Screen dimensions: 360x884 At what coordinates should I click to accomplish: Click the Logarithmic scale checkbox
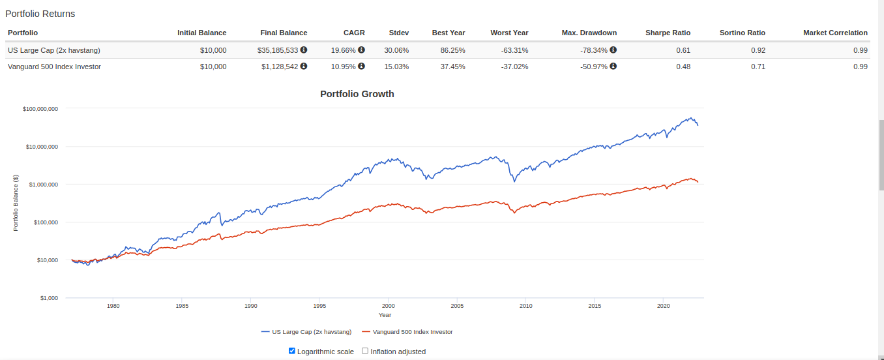click(292, 351)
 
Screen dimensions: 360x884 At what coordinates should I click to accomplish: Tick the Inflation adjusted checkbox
click(365, 351)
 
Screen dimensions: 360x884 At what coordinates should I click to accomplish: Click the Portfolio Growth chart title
click(357, 94)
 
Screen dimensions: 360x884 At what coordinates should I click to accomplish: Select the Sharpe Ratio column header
click(668, 33)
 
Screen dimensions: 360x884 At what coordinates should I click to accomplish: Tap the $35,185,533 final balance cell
click(280, 50)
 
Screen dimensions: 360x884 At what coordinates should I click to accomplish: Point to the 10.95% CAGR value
click(344, 67)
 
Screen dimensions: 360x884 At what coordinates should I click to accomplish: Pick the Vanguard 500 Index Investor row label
click(54, 67)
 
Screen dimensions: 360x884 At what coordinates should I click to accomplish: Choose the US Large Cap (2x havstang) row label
click(54, 50)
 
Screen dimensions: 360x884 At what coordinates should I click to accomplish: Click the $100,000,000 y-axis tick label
click(40, 109)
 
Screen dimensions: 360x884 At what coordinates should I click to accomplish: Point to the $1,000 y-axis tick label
click(49, 298)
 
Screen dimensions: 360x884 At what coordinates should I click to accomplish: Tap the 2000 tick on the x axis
click(389, 305)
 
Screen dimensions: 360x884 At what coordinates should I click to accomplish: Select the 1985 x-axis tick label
click(182, 305)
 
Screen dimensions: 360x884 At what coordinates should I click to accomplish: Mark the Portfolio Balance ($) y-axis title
click(16, 203)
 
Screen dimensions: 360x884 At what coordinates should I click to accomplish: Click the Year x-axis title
click(385, 315)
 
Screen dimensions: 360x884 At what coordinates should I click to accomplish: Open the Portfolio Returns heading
click(40, 14)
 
